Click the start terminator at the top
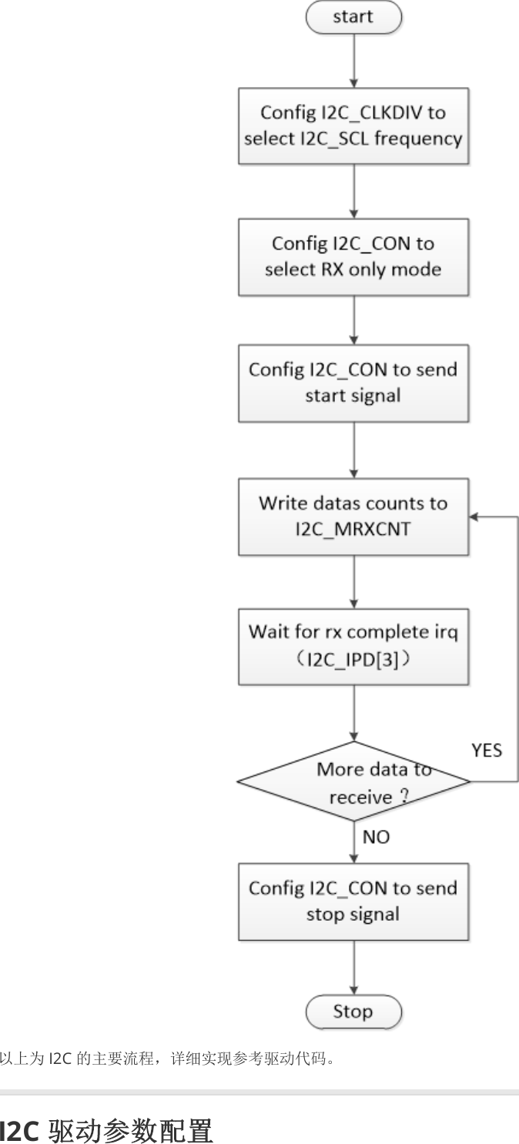pos(353,18)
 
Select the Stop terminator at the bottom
pos(353,1011)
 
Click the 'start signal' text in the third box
pos(353,396)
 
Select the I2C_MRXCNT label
pos(353,530)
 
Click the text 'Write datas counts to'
pos(353,503)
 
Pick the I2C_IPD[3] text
pos(353,660)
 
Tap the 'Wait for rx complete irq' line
pos(353,633)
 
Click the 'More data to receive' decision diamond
pos(353,781)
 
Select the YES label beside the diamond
pos(487,750)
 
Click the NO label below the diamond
pos(376,838)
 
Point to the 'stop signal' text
pos(353,915)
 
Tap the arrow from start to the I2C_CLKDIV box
pos(353,62)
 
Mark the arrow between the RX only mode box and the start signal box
pos(353,320)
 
